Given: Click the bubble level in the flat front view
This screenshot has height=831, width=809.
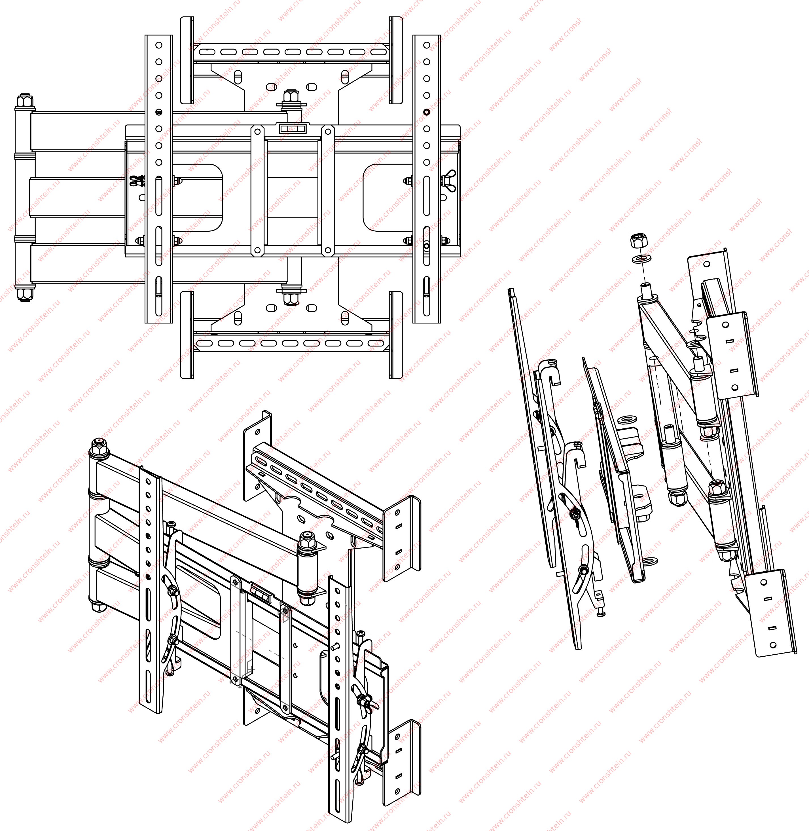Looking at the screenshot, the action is (x=292, y=129).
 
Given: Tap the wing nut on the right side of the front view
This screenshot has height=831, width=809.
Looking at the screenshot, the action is (x=449, y=181).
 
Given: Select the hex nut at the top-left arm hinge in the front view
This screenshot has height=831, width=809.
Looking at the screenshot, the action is (x=24, y=101).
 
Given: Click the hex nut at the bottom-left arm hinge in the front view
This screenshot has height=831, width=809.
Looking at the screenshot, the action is (x=24, y=293).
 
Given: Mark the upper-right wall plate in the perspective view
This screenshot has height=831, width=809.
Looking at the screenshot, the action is (x=402, y=540).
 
